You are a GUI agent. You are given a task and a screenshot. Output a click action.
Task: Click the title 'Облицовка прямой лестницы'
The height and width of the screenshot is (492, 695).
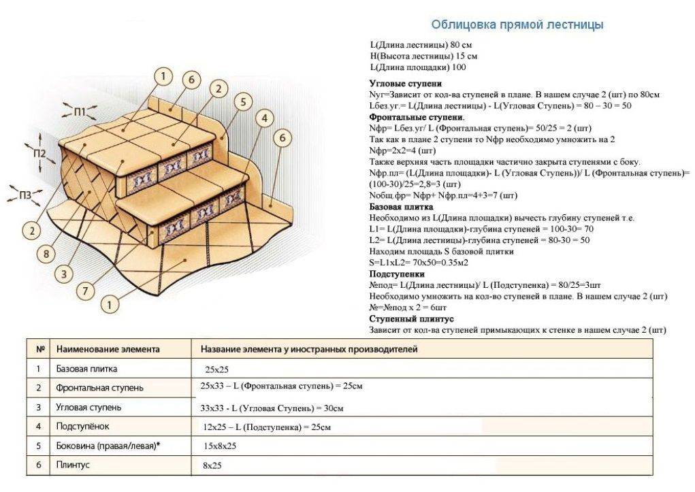517,25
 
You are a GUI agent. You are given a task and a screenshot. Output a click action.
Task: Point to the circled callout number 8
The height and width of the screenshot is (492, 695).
46,254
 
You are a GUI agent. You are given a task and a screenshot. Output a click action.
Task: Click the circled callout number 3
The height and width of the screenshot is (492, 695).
63,274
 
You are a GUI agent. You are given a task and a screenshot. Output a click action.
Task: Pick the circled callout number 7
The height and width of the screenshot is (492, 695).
85,291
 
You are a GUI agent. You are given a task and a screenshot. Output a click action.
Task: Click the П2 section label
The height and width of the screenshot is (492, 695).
39,153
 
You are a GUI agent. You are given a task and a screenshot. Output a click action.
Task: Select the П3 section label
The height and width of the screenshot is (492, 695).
25,196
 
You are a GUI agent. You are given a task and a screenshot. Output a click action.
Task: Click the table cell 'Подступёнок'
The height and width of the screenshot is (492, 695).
82,427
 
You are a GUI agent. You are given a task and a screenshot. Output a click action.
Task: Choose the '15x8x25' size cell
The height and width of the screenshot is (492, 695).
219,446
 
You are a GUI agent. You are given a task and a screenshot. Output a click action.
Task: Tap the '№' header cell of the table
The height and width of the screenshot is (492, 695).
39,349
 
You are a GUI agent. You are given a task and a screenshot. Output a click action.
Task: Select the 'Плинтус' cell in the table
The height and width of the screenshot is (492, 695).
73,465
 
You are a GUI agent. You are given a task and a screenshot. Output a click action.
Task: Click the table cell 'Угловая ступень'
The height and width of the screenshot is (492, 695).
88,408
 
